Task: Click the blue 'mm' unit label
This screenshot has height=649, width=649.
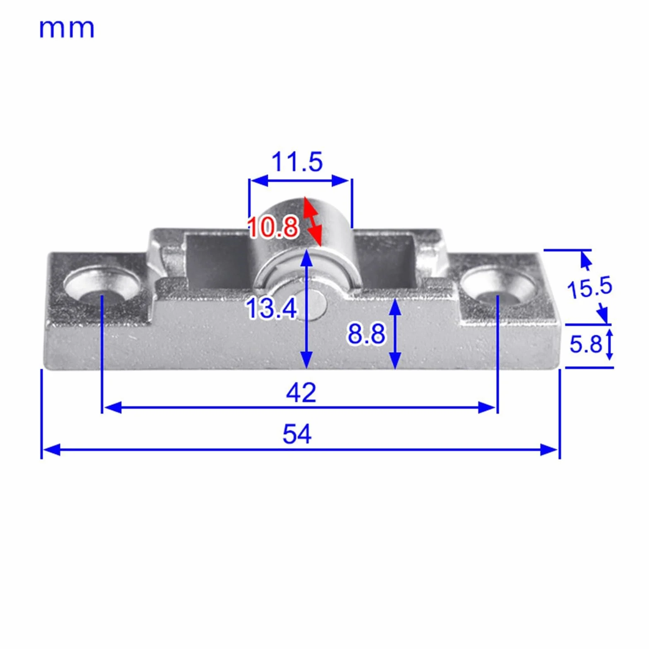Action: point(67,29)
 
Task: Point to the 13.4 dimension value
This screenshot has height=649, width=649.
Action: point(272,308)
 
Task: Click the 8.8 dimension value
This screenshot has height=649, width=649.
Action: point(366,334)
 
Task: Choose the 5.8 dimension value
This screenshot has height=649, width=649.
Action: point(586,344)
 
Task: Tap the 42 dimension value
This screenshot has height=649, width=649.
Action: point(301,392)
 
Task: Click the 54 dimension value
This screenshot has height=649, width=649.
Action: point(297,434)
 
